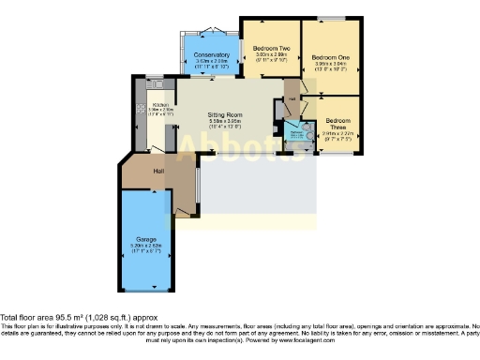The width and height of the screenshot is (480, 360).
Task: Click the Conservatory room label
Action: point(211,55)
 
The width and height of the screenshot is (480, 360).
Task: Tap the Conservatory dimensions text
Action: point(211,64)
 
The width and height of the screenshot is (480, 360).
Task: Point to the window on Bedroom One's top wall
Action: point(333,18)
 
